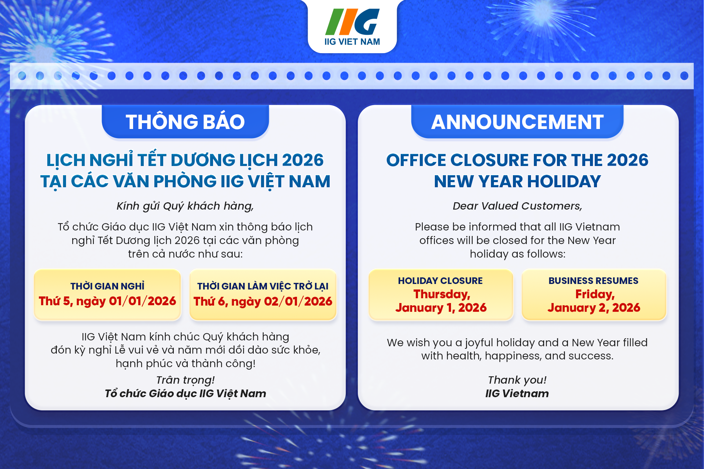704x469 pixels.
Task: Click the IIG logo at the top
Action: tap(352, 27)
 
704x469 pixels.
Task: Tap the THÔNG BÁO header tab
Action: tap(185, 122)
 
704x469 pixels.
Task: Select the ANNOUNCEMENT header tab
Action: tap(517, 122)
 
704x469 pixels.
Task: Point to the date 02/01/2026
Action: tap(298, 301)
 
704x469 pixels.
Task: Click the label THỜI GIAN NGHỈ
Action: tap(107, 286)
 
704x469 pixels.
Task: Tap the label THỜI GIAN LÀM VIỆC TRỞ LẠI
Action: tap(263, 286)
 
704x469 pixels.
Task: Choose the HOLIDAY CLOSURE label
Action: tap(440, 281)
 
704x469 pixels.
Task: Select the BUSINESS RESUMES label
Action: tap(593, 281)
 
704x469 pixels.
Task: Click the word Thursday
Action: tap(441, 294)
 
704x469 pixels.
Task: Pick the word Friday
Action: tap(595, 294)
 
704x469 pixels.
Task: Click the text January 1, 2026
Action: tap(441, 308)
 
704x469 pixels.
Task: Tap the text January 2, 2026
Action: tap(594, 308)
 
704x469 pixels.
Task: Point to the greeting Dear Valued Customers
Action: tap(517, 206)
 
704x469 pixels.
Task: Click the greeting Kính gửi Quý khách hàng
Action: tap(185, 206)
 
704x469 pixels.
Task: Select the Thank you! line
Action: tap(517, 380)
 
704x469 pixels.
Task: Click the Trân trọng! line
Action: tap(185, 380)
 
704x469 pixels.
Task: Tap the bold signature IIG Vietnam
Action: tap(517, 394)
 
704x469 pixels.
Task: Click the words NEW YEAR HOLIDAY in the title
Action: tap(517, 181)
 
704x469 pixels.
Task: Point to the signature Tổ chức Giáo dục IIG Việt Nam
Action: tap(185, 394)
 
